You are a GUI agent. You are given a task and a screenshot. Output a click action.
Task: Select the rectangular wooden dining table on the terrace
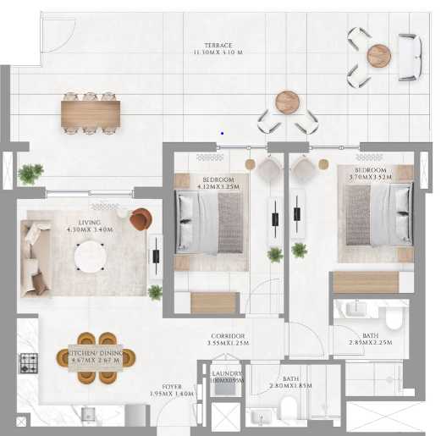coord(90,113)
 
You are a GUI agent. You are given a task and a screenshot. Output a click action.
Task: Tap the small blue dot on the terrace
coord(222,132)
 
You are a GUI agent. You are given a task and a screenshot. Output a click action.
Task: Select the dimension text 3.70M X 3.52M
coord(364,179)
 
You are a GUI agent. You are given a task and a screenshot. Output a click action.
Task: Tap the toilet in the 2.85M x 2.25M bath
coord(393,320)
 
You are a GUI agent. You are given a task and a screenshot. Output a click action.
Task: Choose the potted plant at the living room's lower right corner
coord(155,293)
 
